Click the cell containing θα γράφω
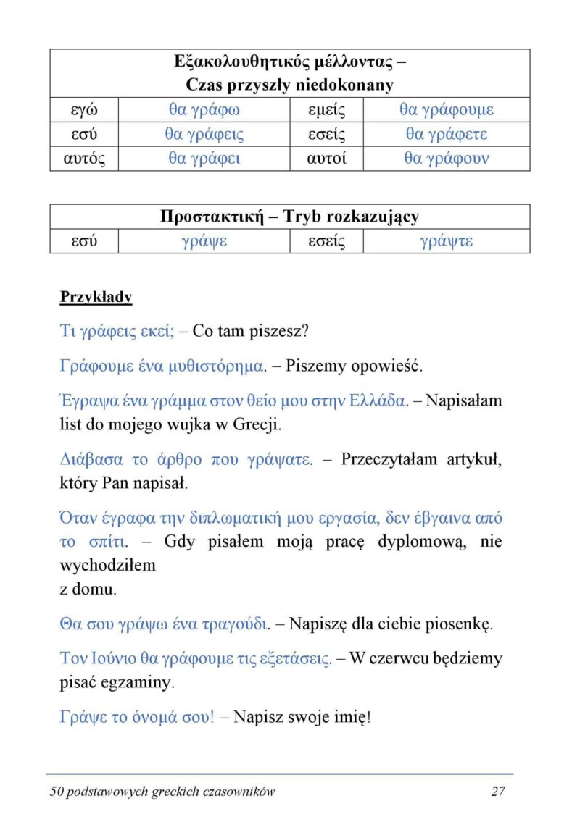(204, 110)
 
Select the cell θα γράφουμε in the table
(446, 110)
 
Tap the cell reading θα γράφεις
(204, 135)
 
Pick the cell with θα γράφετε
(446, 135)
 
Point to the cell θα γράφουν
(446, 159)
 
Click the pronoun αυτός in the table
(84, 159)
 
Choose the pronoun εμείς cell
(326, 110)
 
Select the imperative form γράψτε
(446, 241)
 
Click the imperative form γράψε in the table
(204, 241)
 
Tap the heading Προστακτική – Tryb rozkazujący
(289, 217)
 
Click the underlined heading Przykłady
(96, 297)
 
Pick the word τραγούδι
(233, 623)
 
